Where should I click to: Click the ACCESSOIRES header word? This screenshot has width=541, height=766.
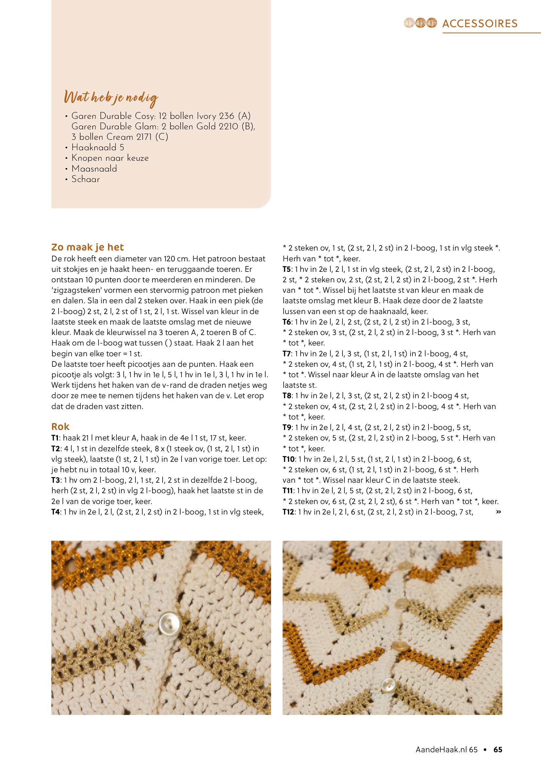480,23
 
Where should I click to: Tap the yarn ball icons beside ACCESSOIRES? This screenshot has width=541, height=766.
420,23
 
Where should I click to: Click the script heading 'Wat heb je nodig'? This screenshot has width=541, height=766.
111,98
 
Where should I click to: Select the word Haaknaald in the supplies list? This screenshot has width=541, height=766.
94,147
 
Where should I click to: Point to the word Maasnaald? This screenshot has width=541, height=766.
94,168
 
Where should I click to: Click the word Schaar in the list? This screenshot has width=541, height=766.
86,179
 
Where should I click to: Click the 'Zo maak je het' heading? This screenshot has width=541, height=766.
88,247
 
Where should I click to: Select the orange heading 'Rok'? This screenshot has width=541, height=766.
60,427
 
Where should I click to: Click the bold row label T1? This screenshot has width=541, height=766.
55,438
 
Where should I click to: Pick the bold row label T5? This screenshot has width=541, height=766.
287,269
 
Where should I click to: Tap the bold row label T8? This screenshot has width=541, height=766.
287,396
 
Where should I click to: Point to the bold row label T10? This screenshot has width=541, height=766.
288,459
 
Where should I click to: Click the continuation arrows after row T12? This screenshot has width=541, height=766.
498,512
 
